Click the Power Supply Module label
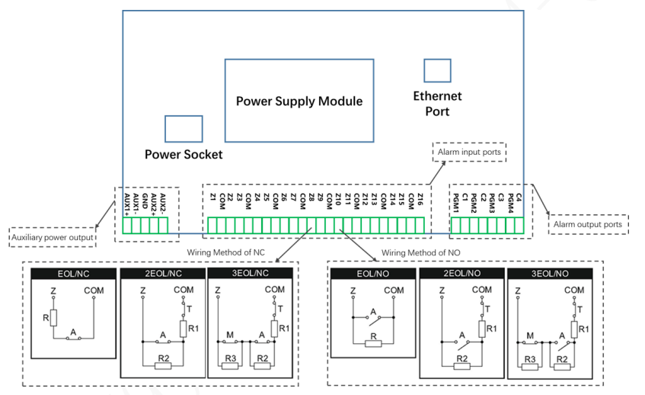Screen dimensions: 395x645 click(x=299, y=101)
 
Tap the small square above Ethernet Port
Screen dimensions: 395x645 click(x=437, y=71)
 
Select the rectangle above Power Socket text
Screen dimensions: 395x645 click(x=184, y=129)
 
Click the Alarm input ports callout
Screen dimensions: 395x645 click(x=469, y=153)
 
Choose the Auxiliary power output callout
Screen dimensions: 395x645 click(x=53, y=238)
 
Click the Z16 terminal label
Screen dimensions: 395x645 click(x=420, y=201)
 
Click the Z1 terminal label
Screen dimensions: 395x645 click(x=212, y=198)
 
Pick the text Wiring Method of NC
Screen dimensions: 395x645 click(x=228, y=252)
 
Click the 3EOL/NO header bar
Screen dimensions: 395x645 click(x=550, y=273)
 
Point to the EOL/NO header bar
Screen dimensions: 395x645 click(x=372, y=273)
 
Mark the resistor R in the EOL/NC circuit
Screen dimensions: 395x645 click(x=53, y=317)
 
